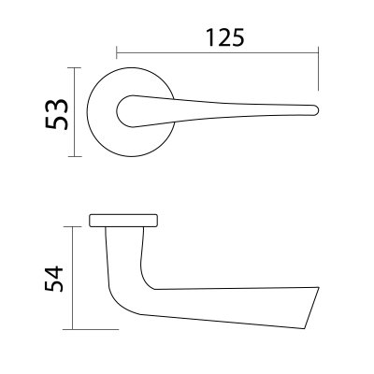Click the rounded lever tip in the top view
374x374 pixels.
click(316, 110)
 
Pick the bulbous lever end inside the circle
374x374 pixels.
click(125, 111)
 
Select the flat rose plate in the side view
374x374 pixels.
click(124, 221)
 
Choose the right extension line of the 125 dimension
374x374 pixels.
click(319, 70)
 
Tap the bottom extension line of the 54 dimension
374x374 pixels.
click(93, 329)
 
